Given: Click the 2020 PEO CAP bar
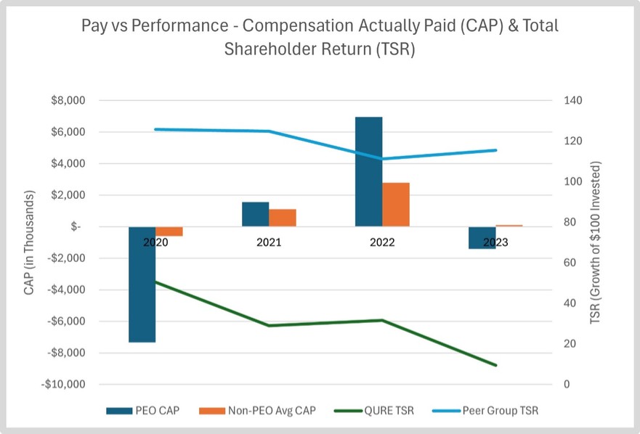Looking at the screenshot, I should click(x=142, y=284).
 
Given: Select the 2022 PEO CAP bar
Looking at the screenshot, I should click(x=368, y=171).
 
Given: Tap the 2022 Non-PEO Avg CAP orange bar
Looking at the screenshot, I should click(x=396, y=204).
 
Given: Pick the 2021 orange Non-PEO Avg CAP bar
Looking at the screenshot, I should click(x=283, y=218).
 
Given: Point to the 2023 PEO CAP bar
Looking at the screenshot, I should click(x=482, y=237).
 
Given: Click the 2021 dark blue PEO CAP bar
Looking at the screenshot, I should click(x=255, y=214).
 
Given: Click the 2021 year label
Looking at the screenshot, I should click(x=269, y=242).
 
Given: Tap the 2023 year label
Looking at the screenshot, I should click(x=495, y=242).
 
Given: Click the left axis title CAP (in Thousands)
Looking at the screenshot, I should click(x=30, y=242).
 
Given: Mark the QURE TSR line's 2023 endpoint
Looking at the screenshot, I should click(x=495, y=365).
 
